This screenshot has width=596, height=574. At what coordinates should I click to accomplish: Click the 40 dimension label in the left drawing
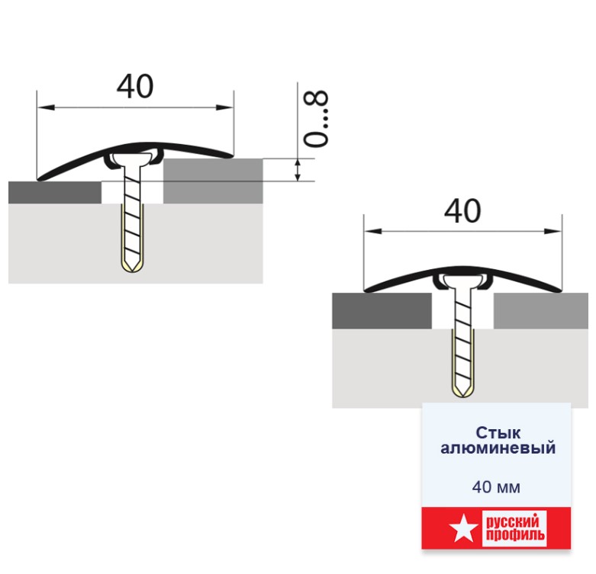(135, 87)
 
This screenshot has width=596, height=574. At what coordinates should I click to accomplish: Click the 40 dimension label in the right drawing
(462, 210)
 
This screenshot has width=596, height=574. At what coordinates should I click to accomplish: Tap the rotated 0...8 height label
(315, 118)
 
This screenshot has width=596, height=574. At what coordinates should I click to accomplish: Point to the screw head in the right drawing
(462, 281)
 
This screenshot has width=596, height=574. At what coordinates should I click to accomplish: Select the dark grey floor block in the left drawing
(55, 192)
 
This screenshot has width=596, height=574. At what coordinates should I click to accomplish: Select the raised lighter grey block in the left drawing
(213, 181)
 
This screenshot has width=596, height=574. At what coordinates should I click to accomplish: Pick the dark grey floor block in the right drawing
(382, 310)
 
